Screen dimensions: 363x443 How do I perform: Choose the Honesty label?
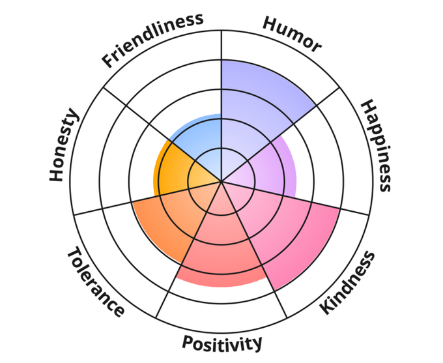(64, 146)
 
